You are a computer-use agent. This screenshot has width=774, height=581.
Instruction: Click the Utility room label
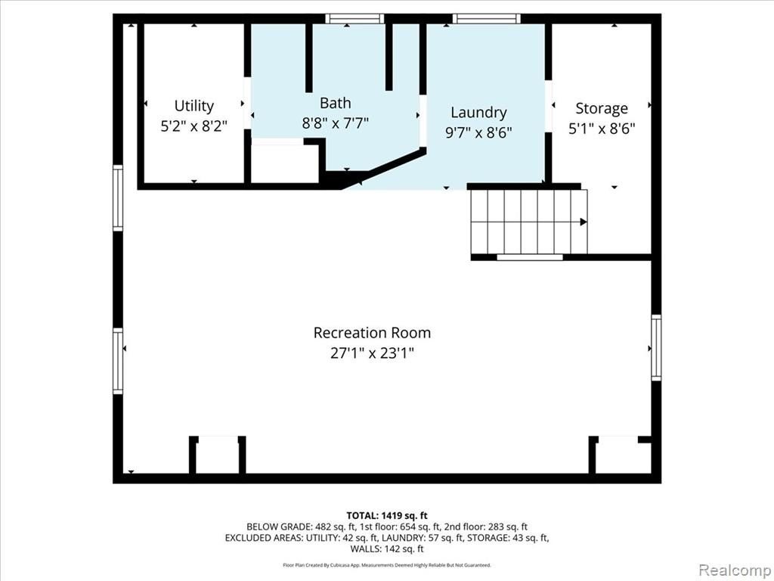tap(194, 106)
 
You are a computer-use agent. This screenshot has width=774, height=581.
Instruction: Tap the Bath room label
tap(335, 103)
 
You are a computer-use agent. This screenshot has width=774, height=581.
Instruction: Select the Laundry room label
tap(478, 113)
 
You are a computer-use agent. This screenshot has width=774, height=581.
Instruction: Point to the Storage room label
tap(601, 109)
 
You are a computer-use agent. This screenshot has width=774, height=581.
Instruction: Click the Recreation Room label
tap(372, 333)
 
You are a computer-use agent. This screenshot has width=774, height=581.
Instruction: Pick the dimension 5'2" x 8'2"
tap(194, 126)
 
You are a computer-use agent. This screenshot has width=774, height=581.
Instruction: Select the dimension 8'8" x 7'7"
tap(335, 123)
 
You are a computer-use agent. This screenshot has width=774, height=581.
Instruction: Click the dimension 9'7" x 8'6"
tap(478, 132)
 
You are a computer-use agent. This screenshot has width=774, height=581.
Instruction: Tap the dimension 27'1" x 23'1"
tap(372, 353)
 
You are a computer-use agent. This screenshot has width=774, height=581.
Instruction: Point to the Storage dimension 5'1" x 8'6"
tap(601, 129)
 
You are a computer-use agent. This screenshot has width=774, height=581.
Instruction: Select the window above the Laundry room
tap(486, 19)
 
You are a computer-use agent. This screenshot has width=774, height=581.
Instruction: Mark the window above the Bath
tap(354, 19)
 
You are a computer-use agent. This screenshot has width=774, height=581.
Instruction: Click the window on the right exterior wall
tap(656, 348)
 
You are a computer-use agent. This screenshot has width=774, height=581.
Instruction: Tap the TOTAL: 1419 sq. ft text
tap(387, 516)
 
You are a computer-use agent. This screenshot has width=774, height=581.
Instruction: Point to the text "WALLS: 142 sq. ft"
tap(387, 549)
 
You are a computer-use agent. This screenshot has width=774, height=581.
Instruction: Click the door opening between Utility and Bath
tap(247, 103)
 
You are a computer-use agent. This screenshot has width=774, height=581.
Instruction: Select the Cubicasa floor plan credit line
tap(387, 565)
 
